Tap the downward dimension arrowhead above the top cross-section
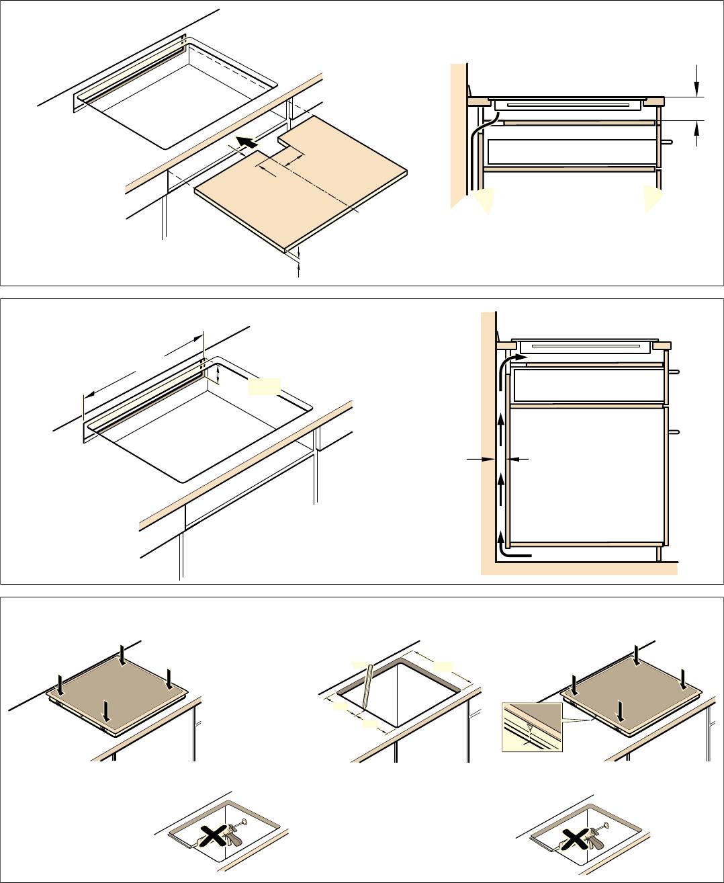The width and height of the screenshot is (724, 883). click(697, 87)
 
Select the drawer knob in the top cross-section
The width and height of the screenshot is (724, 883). click(667, 142)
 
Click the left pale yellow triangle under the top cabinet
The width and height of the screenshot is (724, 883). click(484, 200)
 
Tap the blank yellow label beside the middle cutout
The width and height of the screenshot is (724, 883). click(263, 386)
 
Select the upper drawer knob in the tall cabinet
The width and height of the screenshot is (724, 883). click(675, 372)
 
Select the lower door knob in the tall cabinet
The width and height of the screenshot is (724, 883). click(675, 431)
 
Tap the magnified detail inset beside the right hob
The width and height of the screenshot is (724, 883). click(531, 727)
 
